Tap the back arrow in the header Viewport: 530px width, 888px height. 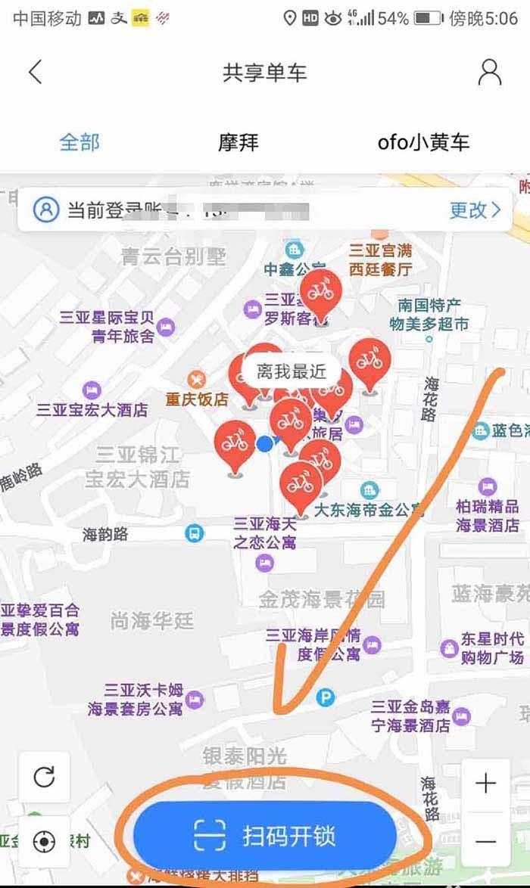pyautogui.click(x=35, y=73)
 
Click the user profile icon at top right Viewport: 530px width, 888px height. pyautogui.click(x=490, y=73)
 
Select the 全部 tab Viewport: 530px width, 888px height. pyautogui.click(x=79, y=141)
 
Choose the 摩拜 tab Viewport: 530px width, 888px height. pyautogui.click(x=238, y=141)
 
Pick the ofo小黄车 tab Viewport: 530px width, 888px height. pyautogui.click(x=423, y=141)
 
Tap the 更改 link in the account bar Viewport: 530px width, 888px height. pyautogui.click(x=475, y=210)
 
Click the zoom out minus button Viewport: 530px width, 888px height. pyautogui.click(x=485, y=840)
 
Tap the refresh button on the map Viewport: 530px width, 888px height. pyautogui.click(x=44, y=777)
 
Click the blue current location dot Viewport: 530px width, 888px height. pyautogui.click(x=264, y=444)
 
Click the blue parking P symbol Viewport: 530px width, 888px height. pyautogui.click(x=325, y=697)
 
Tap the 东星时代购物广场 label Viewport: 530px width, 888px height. pyautogui.click(x=491, y=648)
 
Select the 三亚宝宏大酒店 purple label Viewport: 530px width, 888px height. pyautogui.click(x=92, y=410)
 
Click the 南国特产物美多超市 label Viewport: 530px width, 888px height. pyautogui.click(x=429, y=315)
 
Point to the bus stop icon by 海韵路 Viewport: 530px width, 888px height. pyautogui.click(x=195, y=534)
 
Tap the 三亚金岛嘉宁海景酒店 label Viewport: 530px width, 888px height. pyautogui.click(x=410, y=716)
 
